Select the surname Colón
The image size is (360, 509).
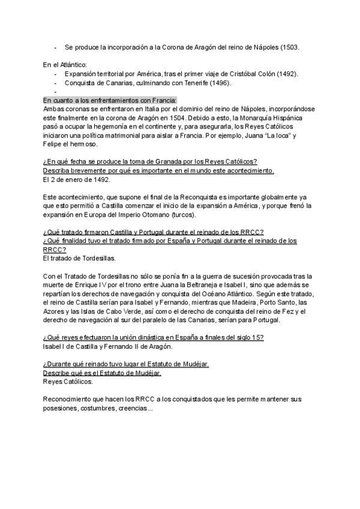point(268,74)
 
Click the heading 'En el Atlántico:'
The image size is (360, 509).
point(65,64)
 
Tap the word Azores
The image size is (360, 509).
point(54,312)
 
